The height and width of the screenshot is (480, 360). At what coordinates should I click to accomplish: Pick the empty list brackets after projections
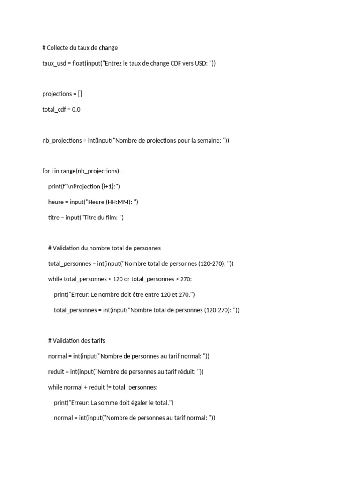pyautogui.click(x=80, y=94)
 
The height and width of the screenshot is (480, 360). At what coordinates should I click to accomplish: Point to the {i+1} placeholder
pyautogui.click(x=108, y=187)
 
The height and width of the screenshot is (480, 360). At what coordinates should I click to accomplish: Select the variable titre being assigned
pyautogui.click(x=54, y=217)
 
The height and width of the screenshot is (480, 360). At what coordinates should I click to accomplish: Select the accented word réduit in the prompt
pyautogui.click(x=187, y=372)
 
